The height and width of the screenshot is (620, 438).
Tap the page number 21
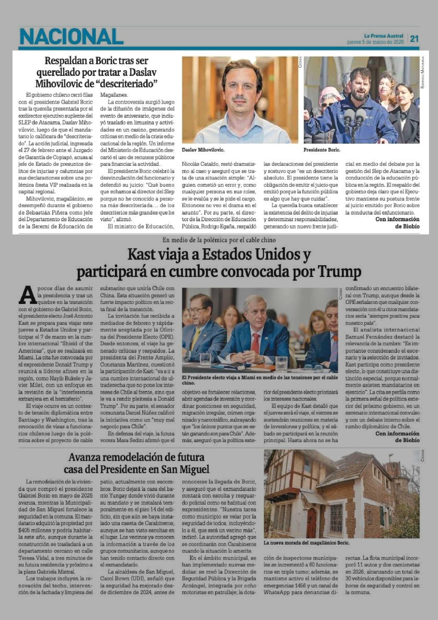(414, 39)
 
